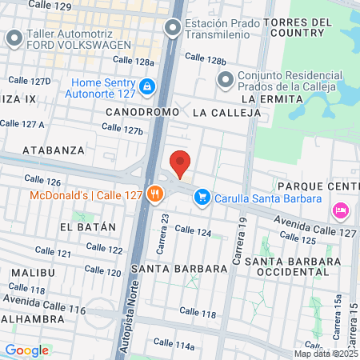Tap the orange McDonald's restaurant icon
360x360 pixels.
tap(156, 194)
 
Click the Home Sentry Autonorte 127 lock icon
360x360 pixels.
tap(146, 86)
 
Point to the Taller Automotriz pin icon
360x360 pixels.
tap(14, 38)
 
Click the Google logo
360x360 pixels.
tap(26, 350)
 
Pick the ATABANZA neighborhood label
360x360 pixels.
tap(54, 150)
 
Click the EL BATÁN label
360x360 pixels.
tap(88, 227)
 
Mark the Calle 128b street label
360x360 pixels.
tap(205, 59)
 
